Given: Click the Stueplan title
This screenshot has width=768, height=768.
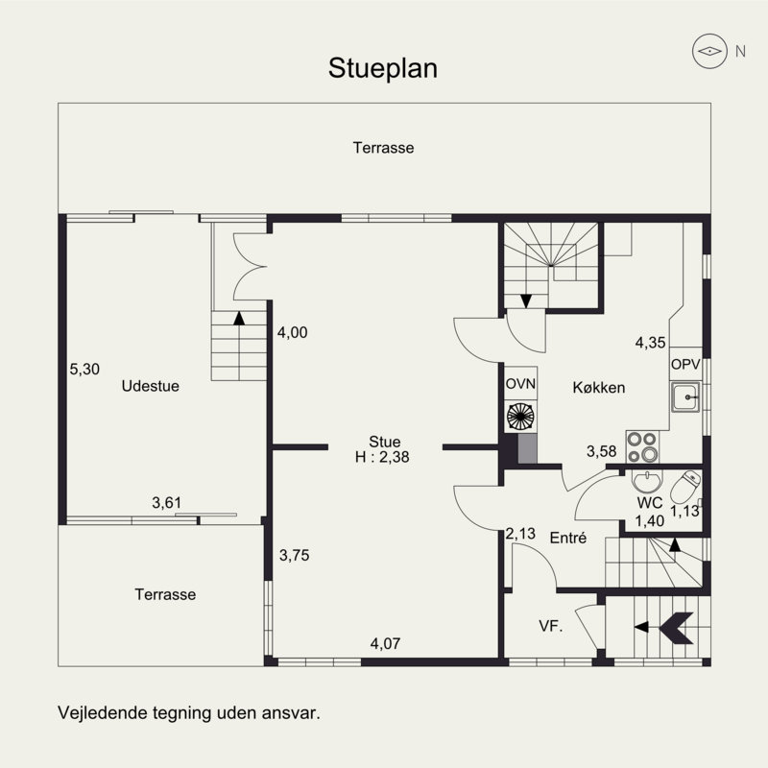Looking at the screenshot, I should (x=383, y=68).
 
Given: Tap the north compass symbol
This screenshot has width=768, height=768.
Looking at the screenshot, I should (x=710, y=52).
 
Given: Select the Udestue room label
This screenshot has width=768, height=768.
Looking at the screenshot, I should (x=151, y=386).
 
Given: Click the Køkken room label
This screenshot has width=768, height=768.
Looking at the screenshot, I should (x=598, y=388).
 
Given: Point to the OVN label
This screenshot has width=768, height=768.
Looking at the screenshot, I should (x=520, y=384).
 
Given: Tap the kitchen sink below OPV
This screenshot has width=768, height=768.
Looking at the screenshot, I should (x=686, y=396).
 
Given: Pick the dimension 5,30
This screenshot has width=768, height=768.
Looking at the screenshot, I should (x=84, y=368).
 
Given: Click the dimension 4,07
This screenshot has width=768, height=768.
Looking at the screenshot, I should (x=385, y=643).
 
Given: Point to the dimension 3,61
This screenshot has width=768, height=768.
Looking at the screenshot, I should (x=167, y=501).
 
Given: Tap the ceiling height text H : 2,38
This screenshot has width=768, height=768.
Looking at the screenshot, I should (x=382, y=458).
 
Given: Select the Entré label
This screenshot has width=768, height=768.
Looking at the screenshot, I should (x=567, y=539).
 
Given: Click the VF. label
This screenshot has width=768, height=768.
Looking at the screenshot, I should (x=549, y=626).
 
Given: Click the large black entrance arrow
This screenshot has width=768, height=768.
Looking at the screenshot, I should (x=679, y=627).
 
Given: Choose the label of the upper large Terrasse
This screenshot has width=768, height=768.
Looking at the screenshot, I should (x=382, y=148).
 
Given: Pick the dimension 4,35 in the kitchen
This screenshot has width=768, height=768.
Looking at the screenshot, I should (x=651, y=342).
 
